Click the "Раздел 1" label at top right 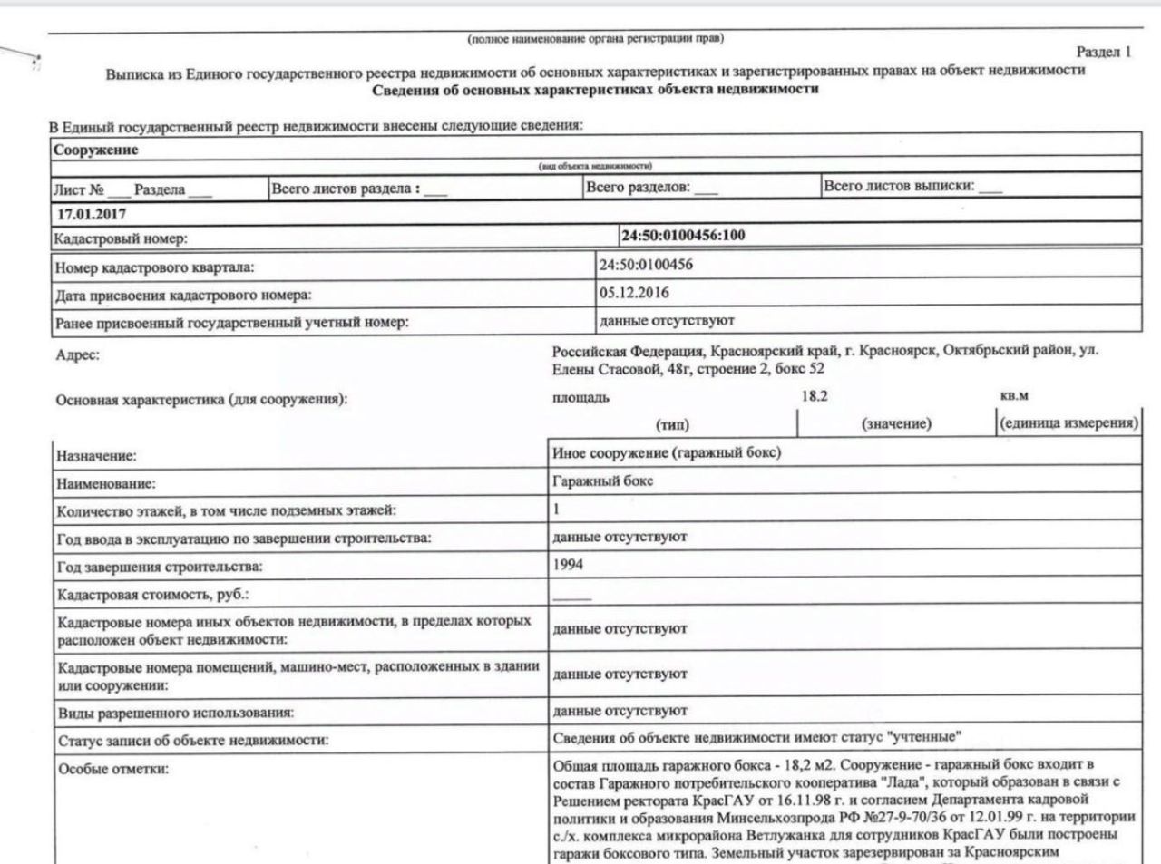click(1103, 52)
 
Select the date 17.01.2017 click(92, 215)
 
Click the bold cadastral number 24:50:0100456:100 click(683, 236)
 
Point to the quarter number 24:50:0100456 click(646, 265)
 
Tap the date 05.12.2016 click(634, 293)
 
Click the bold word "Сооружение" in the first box click(95, 150)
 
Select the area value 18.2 click(815, 396)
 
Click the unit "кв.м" click(1014, 396)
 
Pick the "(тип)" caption click(672, 424)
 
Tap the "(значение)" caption click(896, 423)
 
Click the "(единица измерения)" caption click(1068, 423)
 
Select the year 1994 click(568, 565)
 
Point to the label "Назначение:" click(97, 457)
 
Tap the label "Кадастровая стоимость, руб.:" click(152, 596)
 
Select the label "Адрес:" click(78, 355)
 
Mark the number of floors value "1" click(557, 510)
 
